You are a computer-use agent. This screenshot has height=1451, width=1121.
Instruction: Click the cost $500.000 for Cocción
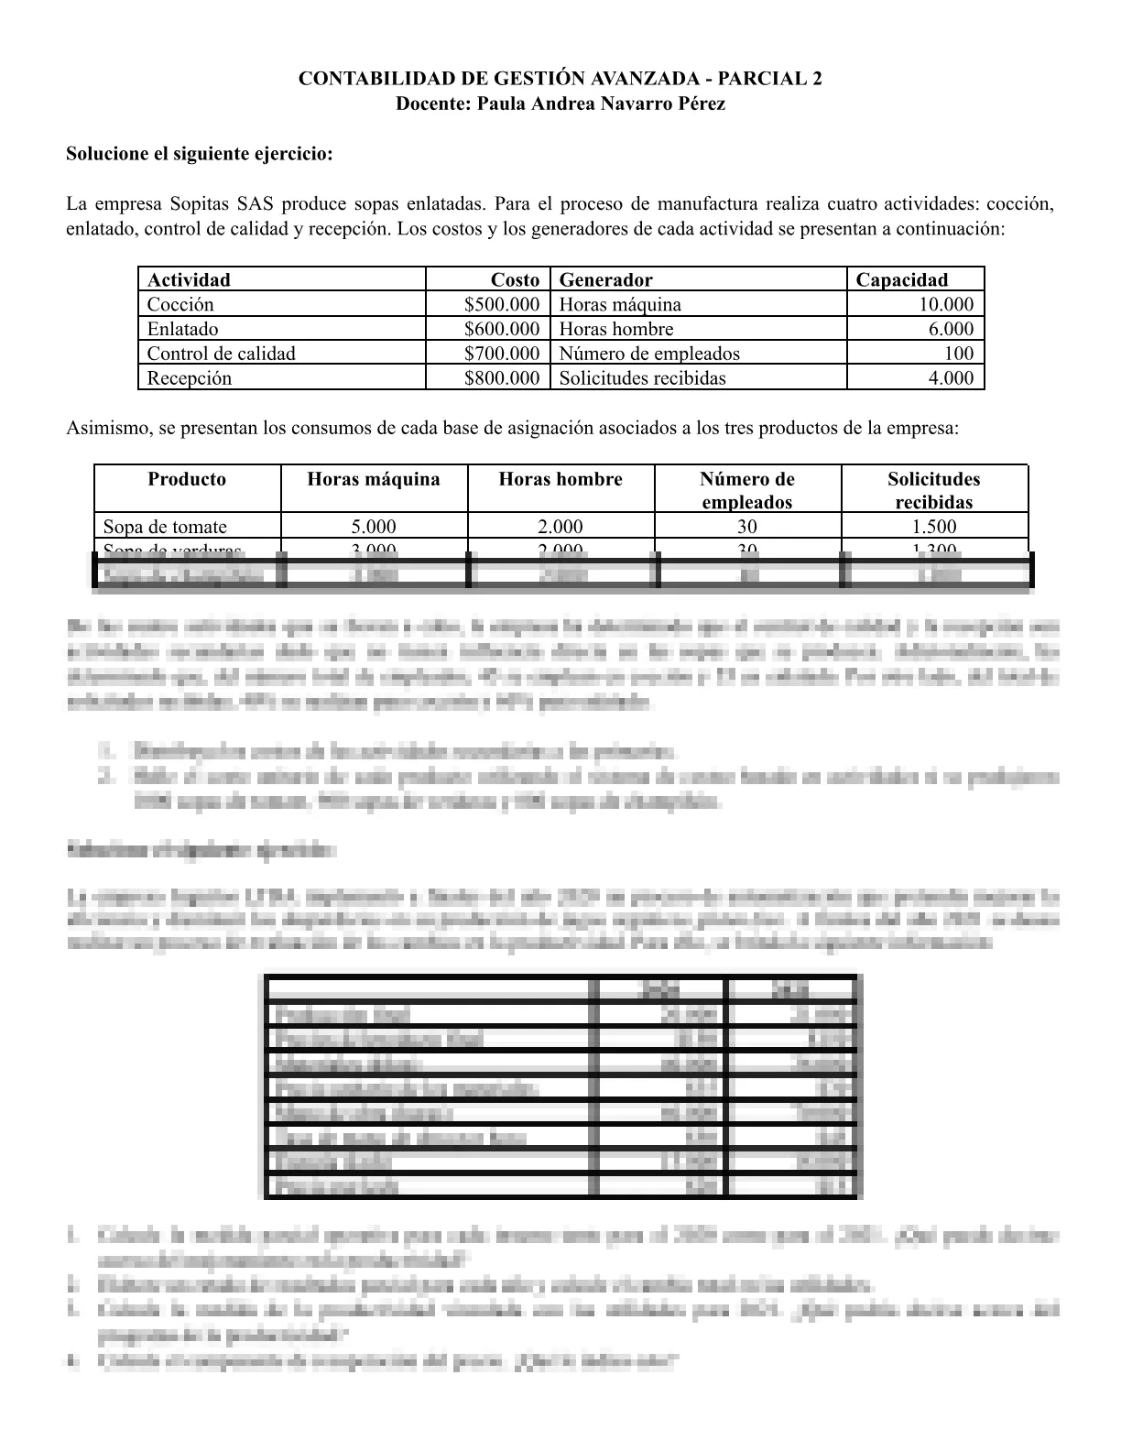click(501, 304)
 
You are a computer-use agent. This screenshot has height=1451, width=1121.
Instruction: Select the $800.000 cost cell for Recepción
click(501, 377)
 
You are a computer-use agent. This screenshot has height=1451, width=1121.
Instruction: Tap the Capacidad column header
click(901, 279)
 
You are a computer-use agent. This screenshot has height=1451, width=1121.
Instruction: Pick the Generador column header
click(605, 279)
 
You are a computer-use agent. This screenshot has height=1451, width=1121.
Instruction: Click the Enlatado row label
click(183, 329)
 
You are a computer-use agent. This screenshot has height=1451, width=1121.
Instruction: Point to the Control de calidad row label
click(222, 353)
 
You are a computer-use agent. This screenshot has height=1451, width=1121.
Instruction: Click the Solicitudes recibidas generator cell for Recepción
click(642, 377)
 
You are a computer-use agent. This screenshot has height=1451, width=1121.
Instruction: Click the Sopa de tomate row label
click(165, 526)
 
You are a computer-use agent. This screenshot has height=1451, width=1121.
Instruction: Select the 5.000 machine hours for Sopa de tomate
click(374, 526)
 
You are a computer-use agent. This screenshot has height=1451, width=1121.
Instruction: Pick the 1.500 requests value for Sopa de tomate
click(934, 526)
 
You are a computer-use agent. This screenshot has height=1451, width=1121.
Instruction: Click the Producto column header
click(187, 479)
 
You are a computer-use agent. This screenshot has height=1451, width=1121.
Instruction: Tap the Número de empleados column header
click(747, 490)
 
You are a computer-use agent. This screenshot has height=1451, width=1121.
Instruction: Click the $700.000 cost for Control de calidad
click(501, 353)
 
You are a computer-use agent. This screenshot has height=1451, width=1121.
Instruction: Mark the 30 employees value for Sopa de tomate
click(747, 526)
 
